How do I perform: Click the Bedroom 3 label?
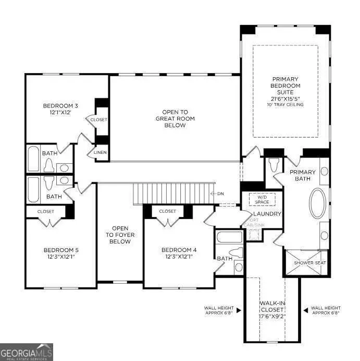(x=57, y=106)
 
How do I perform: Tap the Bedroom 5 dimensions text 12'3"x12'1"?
(x=61, y=256)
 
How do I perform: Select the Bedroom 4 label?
(x=179, y=249)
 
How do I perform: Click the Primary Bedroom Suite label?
(x=285, y=85)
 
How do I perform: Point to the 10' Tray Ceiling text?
(x=285, y=105)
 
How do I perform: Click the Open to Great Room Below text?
(x=175, y=118)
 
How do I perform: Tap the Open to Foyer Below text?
(x=120, y=235)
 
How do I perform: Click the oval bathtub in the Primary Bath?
(x=318, y=203)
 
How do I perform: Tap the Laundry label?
(x=267, y=214)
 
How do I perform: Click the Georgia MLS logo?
(x=27, y=352)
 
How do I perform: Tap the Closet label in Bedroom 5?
(x=46, y=211)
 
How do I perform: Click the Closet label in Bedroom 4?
(x=167, y=211)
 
